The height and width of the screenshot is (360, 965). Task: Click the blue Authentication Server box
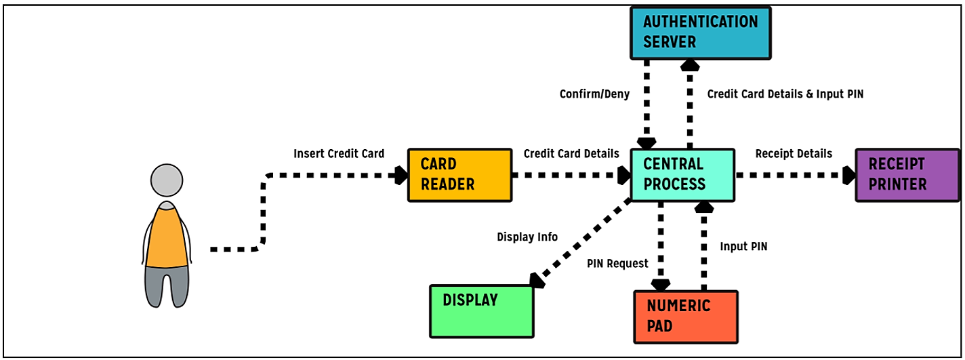click(x=701, y=32)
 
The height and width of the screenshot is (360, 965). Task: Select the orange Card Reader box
click(x=459, y=175)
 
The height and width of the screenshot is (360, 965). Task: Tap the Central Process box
click(x=682, y=175)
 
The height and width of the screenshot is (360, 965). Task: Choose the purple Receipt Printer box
click(x=907, y=175)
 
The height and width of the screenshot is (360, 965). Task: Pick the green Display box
click(x=482, y=311)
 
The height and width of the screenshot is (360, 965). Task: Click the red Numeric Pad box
click(x=686, y=317)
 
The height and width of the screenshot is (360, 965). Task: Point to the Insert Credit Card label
click(x=339, y=154)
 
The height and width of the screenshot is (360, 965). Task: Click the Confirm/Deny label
click(x=594, y=94)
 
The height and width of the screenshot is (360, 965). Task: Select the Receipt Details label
click(x=794, y=154)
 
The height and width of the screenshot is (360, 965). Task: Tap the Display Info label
click(x=527, y=237)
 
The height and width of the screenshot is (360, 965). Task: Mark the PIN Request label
click(x=617, y=263)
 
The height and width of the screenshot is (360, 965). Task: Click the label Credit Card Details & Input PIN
click(x=785, y=94)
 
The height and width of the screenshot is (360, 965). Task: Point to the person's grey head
click(x=166, y=180)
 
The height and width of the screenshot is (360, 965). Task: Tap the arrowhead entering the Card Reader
click(x=401, y=176)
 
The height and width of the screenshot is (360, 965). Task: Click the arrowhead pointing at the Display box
click(x=537, y=280)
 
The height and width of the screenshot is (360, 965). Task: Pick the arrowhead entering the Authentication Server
click(x=690, y=65)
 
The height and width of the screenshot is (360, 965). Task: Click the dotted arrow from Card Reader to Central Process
click(x=566, y=176)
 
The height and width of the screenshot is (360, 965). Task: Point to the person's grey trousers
click(x=166, y=285)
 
